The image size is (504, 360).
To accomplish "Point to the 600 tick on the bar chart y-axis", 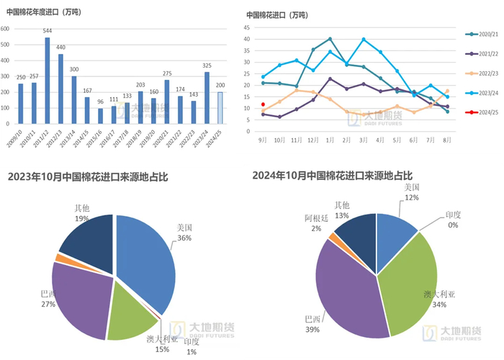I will [5, 29].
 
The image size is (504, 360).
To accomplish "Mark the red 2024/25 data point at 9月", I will [263, 104].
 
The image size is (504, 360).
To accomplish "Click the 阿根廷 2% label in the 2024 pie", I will [316, 221].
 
